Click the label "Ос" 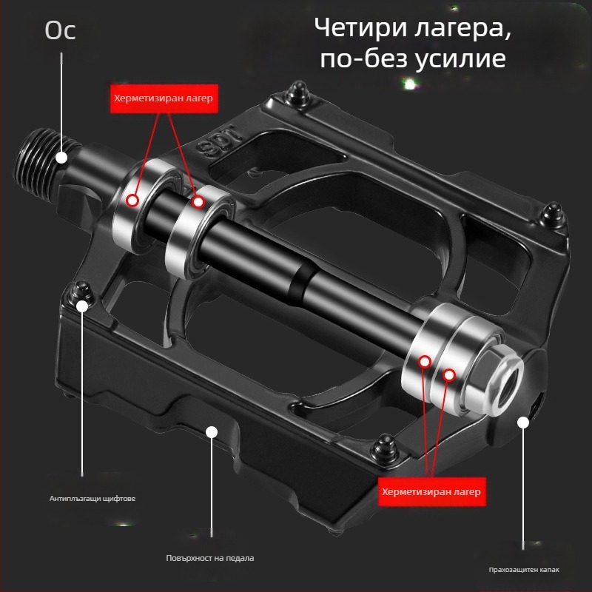61,31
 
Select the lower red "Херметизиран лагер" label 431,491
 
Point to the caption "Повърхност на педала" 210,557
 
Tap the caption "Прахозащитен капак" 524,570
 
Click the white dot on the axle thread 61,157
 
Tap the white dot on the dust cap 524,422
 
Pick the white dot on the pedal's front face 212,431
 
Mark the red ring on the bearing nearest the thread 133,199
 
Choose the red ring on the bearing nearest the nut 448,375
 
